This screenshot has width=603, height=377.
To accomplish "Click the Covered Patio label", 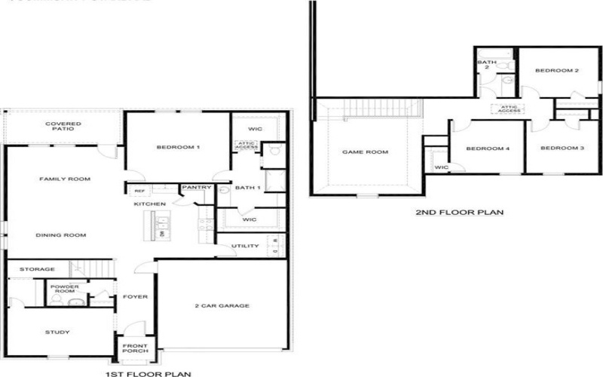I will [63, 127].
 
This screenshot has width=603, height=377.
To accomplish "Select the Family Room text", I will [65, 179].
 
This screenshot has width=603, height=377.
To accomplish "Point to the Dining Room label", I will [61, 235].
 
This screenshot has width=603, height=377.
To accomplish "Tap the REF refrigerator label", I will [139, 191].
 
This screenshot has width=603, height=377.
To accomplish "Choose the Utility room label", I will [245, 246].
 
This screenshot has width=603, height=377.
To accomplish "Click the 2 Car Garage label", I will [223, 305].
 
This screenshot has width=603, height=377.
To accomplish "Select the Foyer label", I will [136, 296].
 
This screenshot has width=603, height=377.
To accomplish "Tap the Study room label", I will [57, 332].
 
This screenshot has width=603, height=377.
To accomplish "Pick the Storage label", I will [37, 269].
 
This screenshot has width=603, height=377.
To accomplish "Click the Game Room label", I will [365, 152].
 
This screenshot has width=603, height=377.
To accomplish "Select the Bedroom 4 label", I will [488, 149].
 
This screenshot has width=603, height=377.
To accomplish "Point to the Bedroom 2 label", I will [556, 71].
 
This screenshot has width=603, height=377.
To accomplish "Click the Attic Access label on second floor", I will [510, 109].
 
